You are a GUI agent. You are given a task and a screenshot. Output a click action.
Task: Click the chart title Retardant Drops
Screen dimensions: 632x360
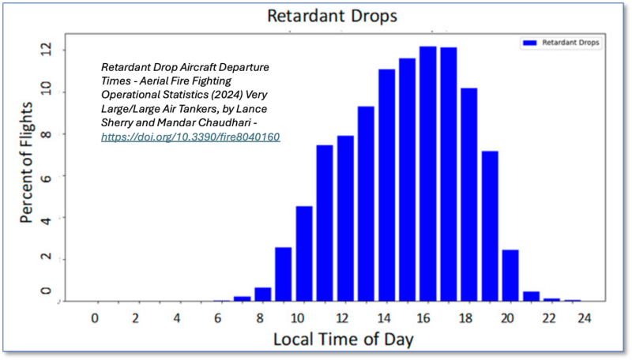pos(332,16)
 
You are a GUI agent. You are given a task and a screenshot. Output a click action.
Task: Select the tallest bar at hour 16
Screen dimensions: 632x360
pos(427,174)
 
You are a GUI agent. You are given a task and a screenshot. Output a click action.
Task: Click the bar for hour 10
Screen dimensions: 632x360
pos(304,253)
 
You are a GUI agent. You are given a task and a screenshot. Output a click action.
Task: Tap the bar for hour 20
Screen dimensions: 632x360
pos(510,276)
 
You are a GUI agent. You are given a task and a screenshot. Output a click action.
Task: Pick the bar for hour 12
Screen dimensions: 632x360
pos(345,219)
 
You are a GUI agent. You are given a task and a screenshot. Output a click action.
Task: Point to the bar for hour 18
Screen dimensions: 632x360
pos(469,194)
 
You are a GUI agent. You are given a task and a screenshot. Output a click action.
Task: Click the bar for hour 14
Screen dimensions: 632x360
pos(386,186)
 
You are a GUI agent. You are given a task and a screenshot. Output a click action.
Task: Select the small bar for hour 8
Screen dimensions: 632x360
pos(263,294)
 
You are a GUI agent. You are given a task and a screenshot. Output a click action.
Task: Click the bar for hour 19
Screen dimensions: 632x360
pos(490,227)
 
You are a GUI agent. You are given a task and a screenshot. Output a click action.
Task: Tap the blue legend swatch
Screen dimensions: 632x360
pos(529,43)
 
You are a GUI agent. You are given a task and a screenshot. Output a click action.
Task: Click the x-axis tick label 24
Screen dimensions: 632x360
pos(584,318)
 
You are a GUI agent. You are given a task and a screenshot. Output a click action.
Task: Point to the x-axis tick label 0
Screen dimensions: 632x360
pos(95,318)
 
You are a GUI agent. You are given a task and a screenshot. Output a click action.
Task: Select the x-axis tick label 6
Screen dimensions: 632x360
pos(218,318)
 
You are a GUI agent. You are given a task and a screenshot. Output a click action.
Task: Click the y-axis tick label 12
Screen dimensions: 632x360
pos(46,50)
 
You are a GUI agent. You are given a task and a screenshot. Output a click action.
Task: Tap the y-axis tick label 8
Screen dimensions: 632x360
pos(46,133)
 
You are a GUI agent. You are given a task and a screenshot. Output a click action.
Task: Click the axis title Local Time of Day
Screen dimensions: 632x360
pos(344,339)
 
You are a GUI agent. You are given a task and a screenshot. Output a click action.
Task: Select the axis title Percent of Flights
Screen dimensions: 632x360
pos(27,163)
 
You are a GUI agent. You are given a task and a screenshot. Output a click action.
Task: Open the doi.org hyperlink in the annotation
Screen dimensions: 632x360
pos(190,137)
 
